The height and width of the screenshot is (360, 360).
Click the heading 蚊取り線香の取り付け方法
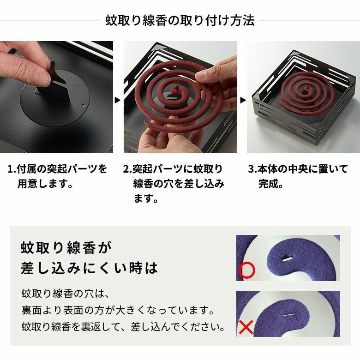coord(180,20)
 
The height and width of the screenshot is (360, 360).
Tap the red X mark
coord(246,327)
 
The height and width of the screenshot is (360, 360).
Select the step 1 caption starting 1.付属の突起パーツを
coord(57,176)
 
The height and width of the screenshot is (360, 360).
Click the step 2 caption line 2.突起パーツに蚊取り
coord(173,169)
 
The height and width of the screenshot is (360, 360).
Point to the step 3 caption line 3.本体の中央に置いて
coord(298,169)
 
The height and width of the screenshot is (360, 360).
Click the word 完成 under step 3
coord(268,184)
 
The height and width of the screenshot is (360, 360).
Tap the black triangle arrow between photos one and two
coord(118,100)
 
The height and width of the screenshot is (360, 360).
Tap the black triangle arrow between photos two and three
coord(243,100)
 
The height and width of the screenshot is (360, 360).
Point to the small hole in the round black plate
coord(83,106)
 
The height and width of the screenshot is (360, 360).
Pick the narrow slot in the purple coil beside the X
coord(288,315)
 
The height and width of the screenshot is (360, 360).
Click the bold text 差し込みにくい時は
coord(89,268)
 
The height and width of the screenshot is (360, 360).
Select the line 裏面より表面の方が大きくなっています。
coord(118,311)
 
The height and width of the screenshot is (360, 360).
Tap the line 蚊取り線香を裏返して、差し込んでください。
coord(123,327)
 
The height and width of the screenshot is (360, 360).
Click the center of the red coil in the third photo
coord(306,90)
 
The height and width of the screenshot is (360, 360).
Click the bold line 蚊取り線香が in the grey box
coord(66,247)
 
